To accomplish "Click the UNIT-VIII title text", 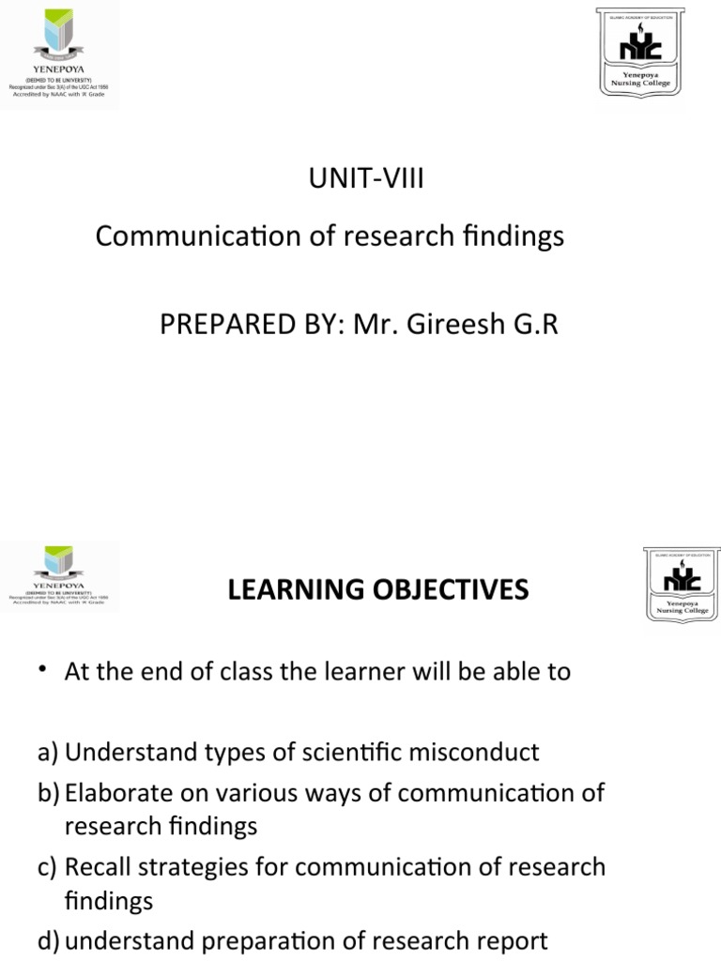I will pyautogui.click(x=366, y=178).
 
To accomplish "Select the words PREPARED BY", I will pyautogui.click(x=239, y=325).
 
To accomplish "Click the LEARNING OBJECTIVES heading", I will pyautogui.click(x=378, y=589).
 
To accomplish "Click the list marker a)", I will pyautogui.click(x=48, y=752).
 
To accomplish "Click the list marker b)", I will pyautogui.click(x=49, y=793).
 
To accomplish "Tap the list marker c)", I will pyautogui.click(x=48, y=867).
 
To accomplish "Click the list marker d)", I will pyautogui.click(x=49, y=940).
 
